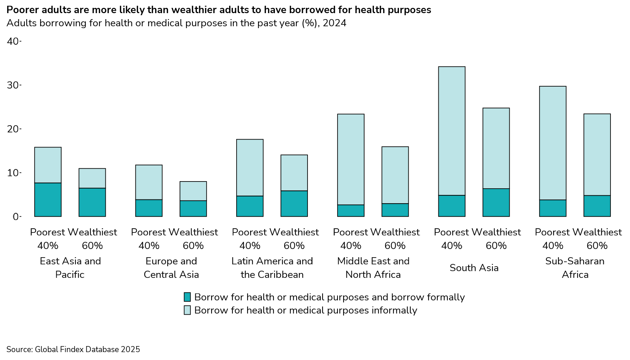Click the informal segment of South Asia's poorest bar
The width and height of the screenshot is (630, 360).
click(x=451, y=131)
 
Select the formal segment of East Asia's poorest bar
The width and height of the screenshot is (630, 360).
click(x=48, y=199)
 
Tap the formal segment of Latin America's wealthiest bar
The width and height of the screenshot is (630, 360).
click(x=294, y=204)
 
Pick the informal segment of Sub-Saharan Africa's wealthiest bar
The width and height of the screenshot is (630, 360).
click(x=597, y=154)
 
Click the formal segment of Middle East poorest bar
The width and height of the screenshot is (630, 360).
click(x=351, y=210)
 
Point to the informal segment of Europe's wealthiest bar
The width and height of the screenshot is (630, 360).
click(x=193, y=191)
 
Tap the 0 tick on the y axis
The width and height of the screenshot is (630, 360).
click(x=15, y=216)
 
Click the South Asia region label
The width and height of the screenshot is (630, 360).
click(x=474, y=268)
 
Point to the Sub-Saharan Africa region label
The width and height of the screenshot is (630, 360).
click(x=575, y=268)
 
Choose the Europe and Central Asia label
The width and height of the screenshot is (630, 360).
click(x=171, y=268)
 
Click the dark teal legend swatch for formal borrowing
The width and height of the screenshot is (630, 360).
click(x=187, y=297)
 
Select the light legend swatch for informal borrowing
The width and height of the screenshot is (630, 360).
click(x=187, y=310)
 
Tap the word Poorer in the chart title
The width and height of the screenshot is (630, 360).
click(x=21, y=10)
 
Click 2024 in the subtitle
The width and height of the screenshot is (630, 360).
click(x=334, y=23)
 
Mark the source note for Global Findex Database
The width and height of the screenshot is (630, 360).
click(x=73, y=349)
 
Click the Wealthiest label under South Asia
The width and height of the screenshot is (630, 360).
click(x=496, y=232)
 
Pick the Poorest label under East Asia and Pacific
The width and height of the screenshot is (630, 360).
click(x=48, y=232)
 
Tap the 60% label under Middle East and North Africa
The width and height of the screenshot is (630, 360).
click(x=395, y=246)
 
